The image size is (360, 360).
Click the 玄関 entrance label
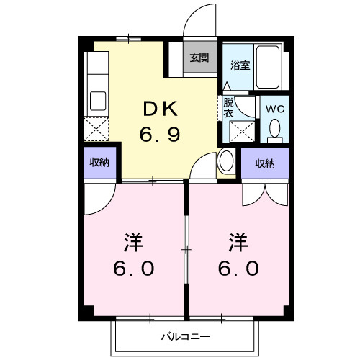coord(199,58)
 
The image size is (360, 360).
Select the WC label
coord(274,108)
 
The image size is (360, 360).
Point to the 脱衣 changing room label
coord(228,107)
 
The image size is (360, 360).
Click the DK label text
coord(160,109)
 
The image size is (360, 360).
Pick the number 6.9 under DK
coord(160,133)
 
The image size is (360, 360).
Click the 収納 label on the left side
coord(99,163)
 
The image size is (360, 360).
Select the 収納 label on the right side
coord(265,163)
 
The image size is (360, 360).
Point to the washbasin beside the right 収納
coord(225,160)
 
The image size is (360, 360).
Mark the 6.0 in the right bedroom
coord(240,268)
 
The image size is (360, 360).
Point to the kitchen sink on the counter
coord(96,99)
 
